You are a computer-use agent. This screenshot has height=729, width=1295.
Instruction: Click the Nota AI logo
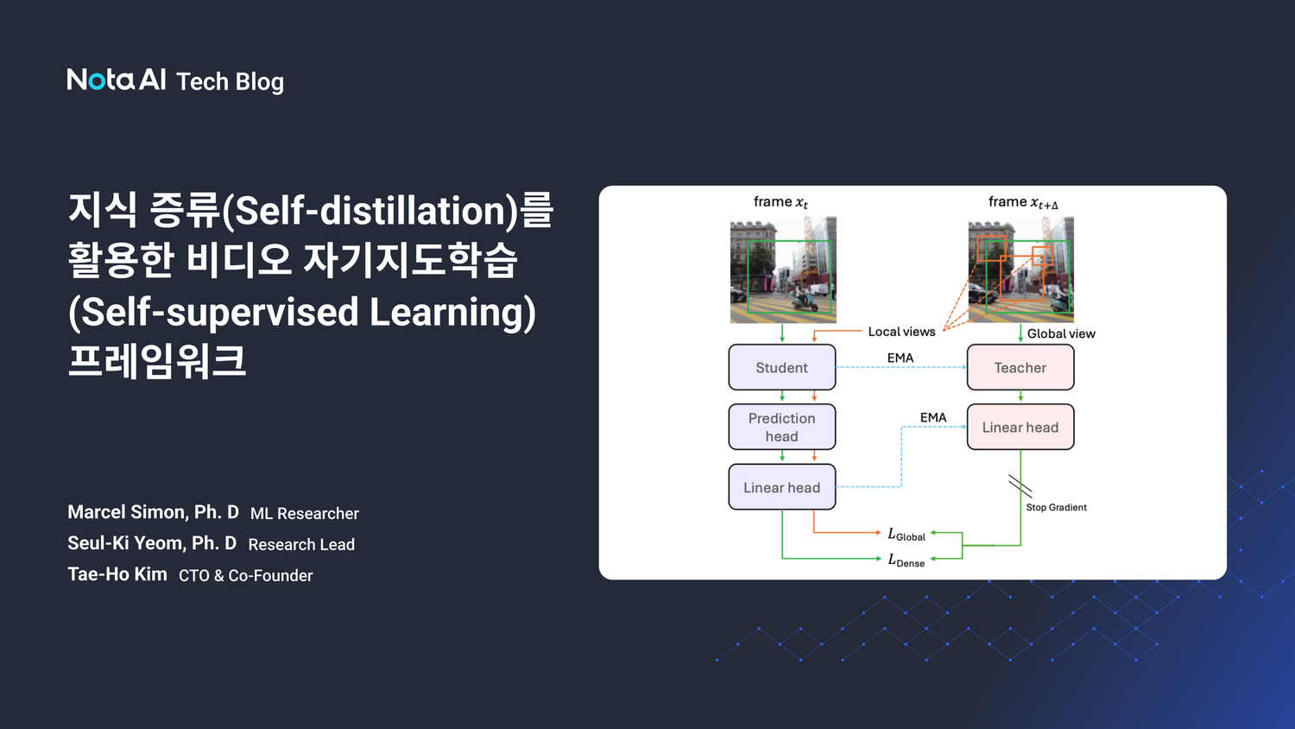pos(117,79)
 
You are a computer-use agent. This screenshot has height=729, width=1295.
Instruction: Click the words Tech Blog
pos(230,81)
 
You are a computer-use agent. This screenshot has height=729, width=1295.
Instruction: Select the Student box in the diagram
pos(782,367)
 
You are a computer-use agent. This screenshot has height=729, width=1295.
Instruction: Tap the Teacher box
pos(1020,367)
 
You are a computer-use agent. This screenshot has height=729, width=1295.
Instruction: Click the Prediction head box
pos(782,427)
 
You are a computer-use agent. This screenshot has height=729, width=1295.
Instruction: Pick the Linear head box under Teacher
pos(1020,427)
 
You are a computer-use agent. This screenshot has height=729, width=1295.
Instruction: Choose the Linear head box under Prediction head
pos(782,487)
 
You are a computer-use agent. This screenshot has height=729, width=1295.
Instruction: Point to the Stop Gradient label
pos(1056,507)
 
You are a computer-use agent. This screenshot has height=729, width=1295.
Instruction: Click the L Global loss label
pos(906,535)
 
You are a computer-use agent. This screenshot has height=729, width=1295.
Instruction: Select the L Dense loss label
pos(906,561)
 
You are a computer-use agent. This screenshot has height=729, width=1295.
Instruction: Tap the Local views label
pos(901,332)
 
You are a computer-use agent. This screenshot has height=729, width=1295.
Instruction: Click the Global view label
pos(1061,333)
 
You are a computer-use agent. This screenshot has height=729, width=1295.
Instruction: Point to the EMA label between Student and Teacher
pos(900,358)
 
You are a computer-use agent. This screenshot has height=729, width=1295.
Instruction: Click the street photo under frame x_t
pos(783,270)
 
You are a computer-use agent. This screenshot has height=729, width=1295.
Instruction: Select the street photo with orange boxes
pos(1020,270)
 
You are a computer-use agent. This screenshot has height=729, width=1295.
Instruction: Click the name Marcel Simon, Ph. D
pos(153,512)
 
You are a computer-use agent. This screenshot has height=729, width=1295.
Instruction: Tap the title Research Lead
pos(301,544)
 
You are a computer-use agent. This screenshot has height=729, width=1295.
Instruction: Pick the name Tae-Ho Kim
pos(117,574)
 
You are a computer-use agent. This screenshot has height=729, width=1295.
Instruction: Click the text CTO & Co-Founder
pos(246,575)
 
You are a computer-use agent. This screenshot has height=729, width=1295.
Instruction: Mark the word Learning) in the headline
pos(452,312)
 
